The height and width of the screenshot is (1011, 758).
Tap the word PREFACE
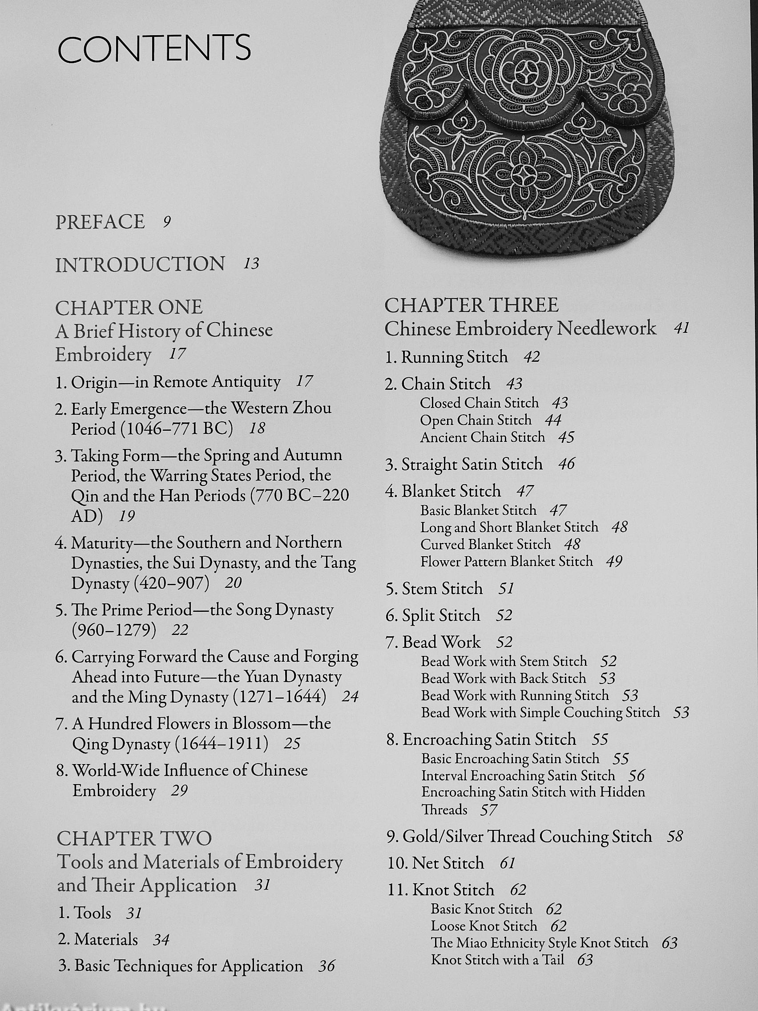click(x=100, y=222)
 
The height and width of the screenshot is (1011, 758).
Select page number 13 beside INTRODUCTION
click(x=251, y=264)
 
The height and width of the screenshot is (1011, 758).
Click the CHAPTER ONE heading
click(x=129, y=307)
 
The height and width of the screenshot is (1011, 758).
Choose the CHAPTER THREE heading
click(x=471, y=305)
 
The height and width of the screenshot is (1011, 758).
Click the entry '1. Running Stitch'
click(x=447, y=357)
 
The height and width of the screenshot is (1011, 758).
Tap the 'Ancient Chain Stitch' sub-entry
click(x=483, y=437)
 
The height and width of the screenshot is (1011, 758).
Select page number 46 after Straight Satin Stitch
click(x=567, y=465)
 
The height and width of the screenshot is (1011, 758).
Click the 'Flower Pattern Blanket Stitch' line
click(x=507, y=561)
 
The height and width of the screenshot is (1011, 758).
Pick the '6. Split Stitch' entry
click(x=433, y=616)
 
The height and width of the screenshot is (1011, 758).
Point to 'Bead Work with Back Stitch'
click(x=504, y=678)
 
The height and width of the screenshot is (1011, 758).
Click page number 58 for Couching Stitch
click(x=674, y=837)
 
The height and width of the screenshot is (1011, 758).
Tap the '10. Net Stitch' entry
click(x=435, y=863)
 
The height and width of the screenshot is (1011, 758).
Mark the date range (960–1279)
click(x=114, y=630)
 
